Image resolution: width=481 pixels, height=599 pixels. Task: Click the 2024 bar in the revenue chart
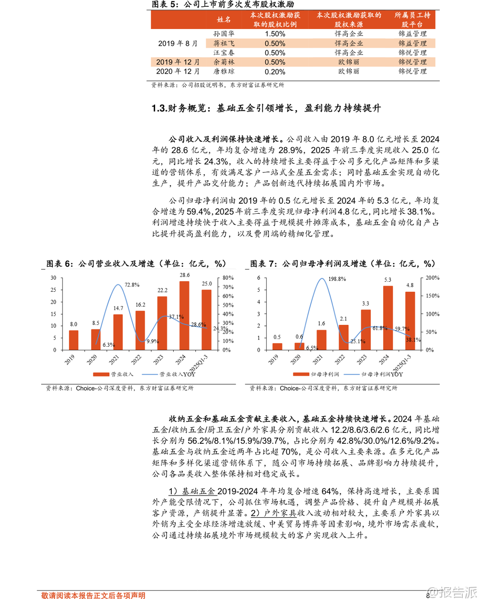click(x=184, y=315)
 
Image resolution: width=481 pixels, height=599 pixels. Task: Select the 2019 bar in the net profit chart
click(x=277, y=346)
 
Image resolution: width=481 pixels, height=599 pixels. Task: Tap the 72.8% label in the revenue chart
click(x=132, y=285)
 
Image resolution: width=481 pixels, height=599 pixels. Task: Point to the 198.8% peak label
click(x=337, y=279)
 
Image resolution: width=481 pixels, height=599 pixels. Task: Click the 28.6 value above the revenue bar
click(x=185, y=275)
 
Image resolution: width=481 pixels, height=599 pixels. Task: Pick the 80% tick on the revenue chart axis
click(x=228, y=278)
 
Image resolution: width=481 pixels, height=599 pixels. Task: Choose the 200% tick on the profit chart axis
click(x=432, y=278)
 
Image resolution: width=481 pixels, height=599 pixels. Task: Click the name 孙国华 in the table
click(x=224, y=34)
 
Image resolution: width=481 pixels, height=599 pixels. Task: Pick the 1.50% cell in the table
click(x=275, y=34)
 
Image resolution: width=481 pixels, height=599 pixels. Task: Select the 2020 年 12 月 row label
click(x=178, y=72)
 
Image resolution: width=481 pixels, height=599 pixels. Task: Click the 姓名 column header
click(x=224, y=20)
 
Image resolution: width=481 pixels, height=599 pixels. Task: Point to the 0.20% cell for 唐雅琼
click(x=275, y=72)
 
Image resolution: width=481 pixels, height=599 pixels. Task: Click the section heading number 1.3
click(x=159, y=108)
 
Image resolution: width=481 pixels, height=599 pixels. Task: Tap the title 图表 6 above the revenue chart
click(x=59, y=264)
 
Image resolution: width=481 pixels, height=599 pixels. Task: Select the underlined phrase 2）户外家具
click(x=273, y=513)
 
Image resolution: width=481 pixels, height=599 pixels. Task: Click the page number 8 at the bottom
click(x=428, y=595)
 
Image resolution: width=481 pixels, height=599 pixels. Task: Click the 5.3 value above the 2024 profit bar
click(x=388, y=280)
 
